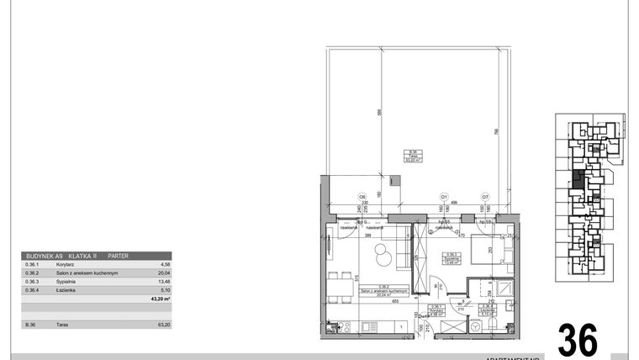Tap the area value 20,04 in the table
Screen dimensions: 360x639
pyautogui.click(x=164, y=273)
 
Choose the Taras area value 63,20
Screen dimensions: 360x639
pyautogui.click(x=164, y=325)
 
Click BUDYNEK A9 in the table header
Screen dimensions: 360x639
pyautogui.click(x=45, y=255)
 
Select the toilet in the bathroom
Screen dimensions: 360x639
pyautogui.click(x=483, y=323)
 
